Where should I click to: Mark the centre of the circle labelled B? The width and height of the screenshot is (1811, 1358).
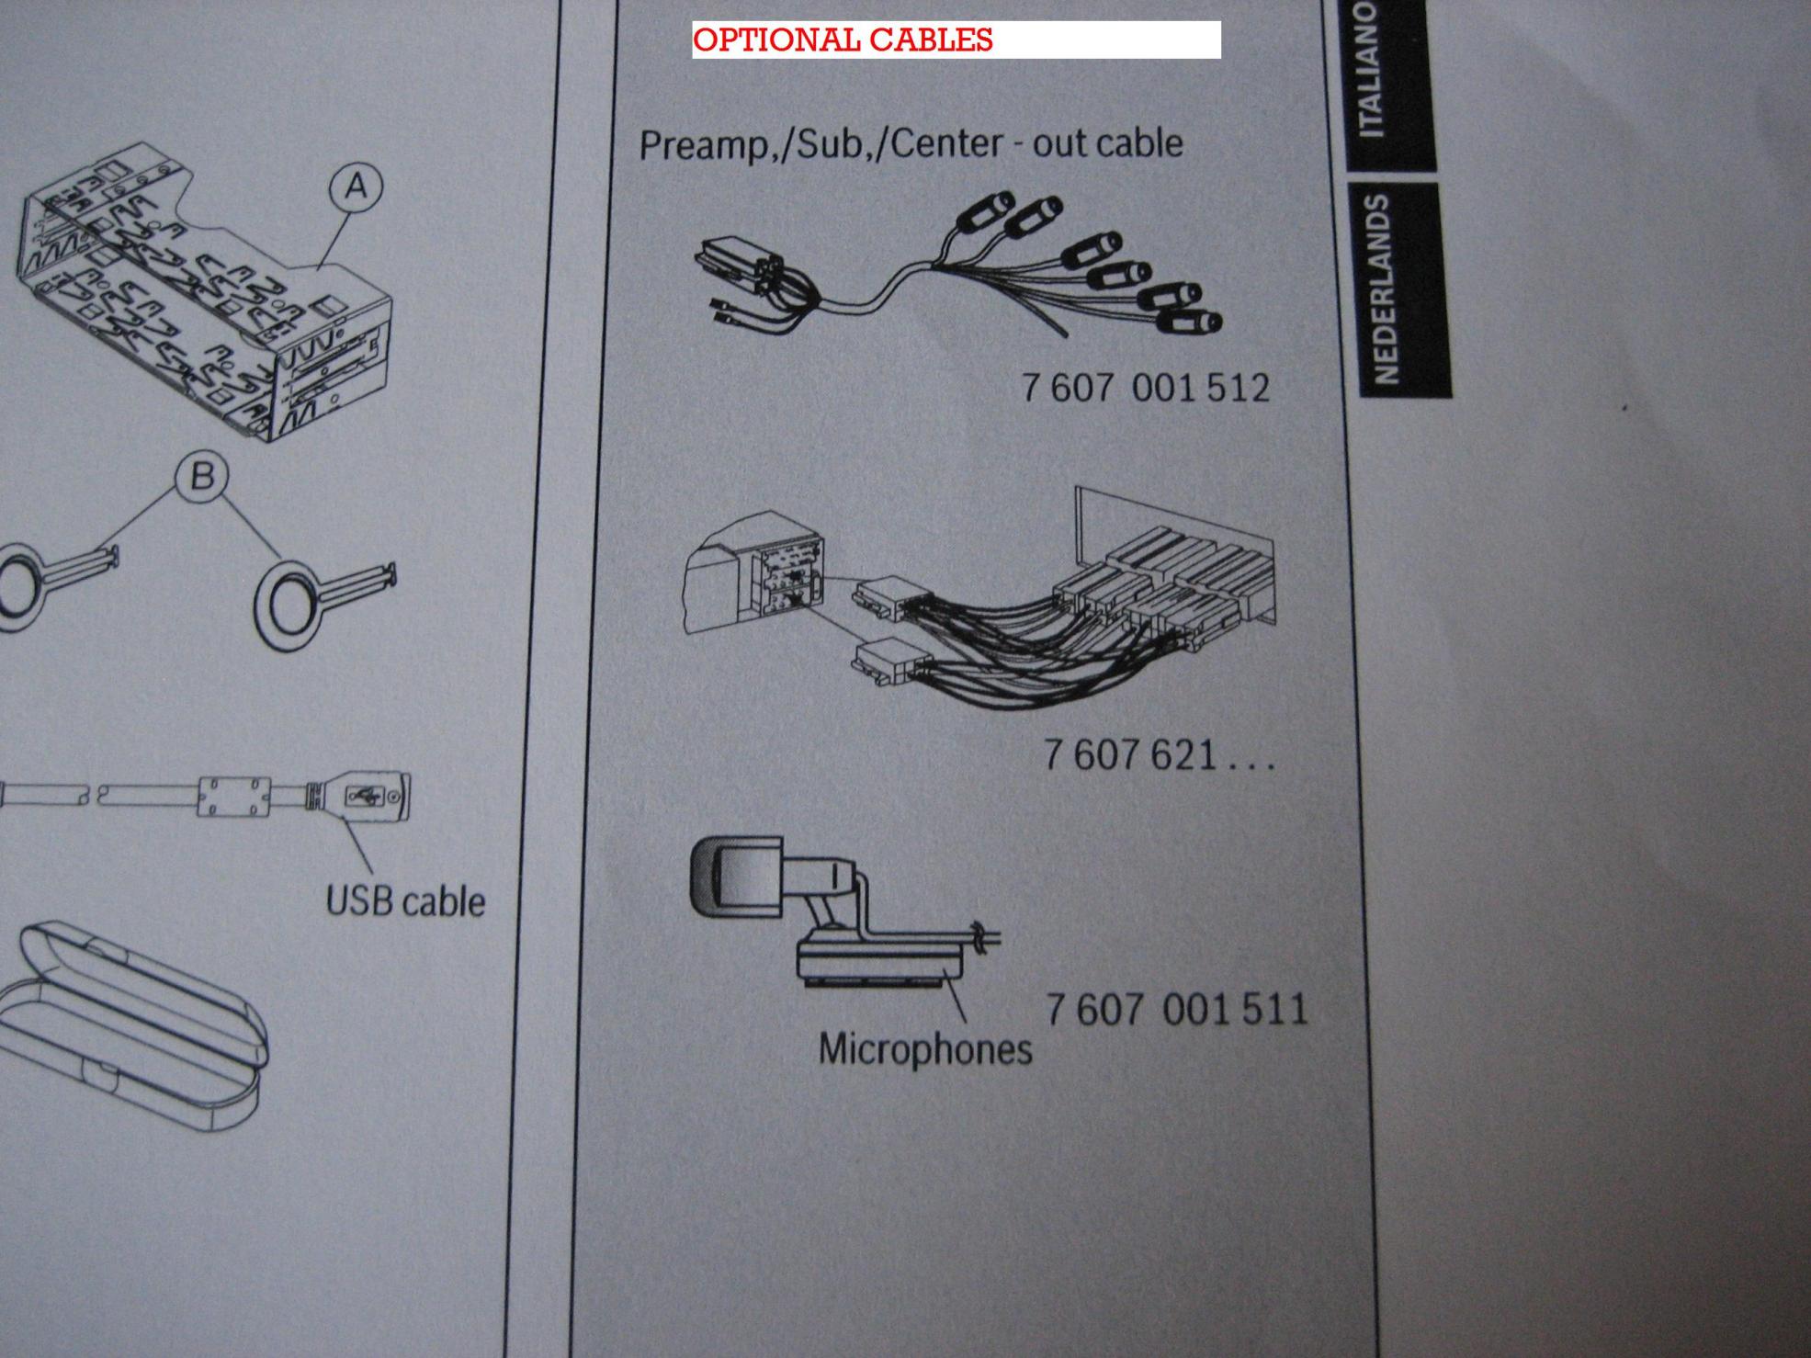point(202,477)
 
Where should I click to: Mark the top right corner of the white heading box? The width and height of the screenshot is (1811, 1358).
point(1221,21)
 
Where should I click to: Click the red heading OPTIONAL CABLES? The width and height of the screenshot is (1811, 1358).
point(843,40)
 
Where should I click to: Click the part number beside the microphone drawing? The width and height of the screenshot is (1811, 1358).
point(1176,1009)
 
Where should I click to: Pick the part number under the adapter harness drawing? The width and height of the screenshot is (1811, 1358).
point(1158,755)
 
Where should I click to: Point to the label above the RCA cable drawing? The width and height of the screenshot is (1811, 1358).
point(911,144)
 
